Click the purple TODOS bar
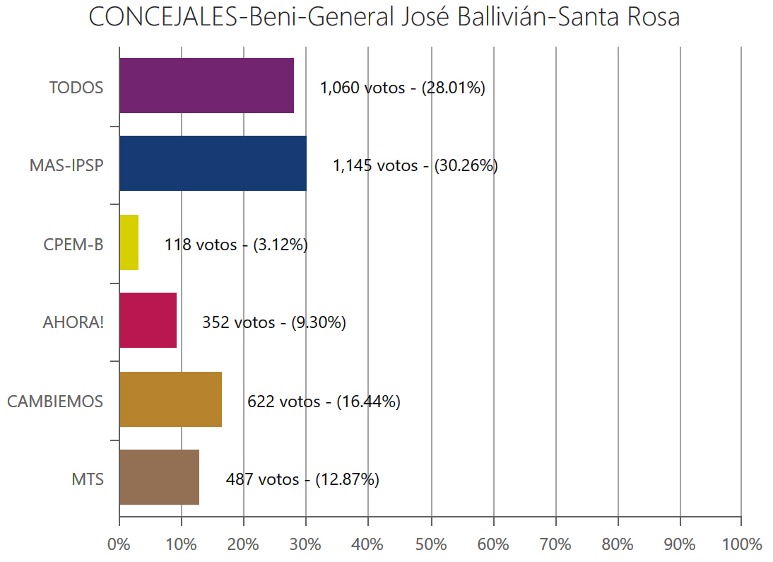coord(206,86)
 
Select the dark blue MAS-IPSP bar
coord(213,164)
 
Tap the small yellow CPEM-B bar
coord(129,242)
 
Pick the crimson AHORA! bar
coord(148,321)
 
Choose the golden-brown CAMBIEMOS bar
coord(170,399)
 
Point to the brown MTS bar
coord(159,478)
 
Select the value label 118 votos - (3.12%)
coord(236,245)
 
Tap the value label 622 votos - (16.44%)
coord(324,402)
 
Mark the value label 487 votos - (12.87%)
coord(302,479)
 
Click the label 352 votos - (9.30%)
coord(273,323)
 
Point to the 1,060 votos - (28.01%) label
coord(402,88)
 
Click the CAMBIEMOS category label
coord(55,402)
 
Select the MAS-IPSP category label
coord(66,166)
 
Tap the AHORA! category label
coord(73,323)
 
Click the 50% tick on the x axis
coord(431,544)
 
